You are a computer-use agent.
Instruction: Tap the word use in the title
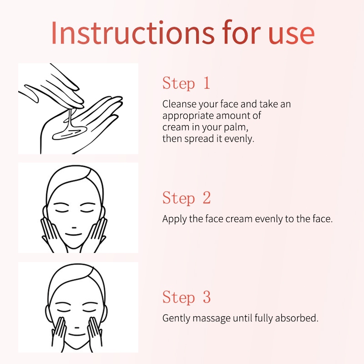pyautogui.click(x=292, y=35)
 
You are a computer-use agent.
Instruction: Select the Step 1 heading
pyautogui.click(x=186, y=83)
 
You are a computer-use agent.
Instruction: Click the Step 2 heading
pyautogui.click(x=187, y=198)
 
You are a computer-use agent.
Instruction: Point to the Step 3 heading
pyautogui.click(x=187, y=297)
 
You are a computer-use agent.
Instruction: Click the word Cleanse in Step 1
pyautogui.click(x=179, y=104)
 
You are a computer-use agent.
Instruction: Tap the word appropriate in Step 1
pyautogui.click(x=188, y=116)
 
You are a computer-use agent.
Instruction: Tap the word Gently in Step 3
pyautogui.click(x=177, y=318)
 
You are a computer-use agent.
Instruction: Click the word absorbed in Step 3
pyautogui.click(x=297, y=318)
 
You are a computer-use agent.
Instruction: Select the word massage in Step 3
pyautogui.click(x=211, y=319)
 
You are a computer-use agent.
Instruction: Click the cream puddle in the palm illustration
pyautogui.click(x=69, y=133)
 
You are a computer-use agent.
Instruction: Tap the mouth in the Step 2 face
pyautogui.click(x=74, y=234)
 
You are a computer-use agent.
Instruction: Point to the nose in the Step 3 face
pyautogui.click(x=77, y=328)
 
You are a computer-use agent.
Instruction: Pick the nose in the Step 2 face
pyautogui.click(x=74, y=227)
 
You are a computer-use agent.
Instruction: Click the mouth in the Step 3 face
pyautogui.click(x=77, y=335)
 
